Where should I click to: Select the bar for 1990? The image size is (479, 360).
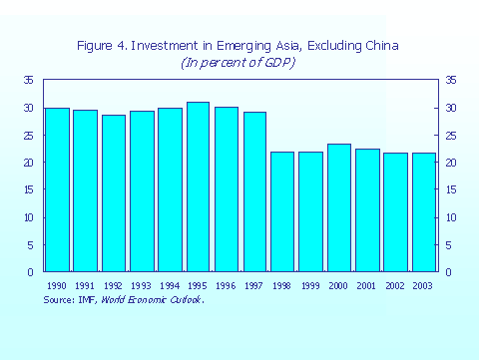coord(57,189)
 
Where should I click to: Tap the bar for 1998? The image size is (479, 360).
coord(282,211)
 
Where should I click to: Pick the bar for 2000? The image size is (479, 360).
coord(339,207)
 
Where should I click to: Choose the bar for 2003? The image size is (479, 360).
coord(424,212)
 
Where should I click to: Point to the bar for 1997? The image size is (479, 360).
coord(254,191)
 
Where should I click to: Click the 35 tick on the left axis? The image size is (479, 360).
coord(30,80)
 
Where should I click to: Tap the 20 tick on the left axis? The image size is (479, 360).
coord(30,163)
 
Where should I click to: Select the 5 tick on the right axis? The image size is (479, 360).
coord(450,245)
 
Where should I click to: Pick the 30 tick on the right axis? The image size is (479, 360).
coord(451,108)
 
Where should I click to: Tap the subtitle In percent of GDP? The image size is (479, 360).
coord(239,62)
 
